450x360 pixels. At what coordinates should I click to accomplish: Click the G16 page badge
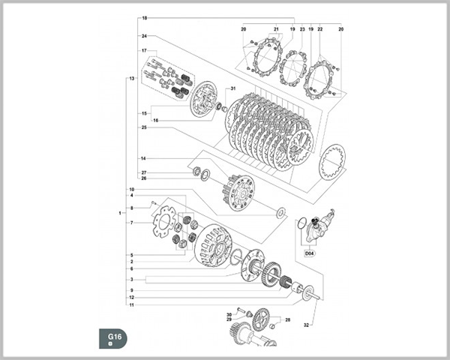(x=113, y=338)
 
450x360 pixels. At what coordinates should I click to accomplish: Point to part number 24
(x=142, y=36)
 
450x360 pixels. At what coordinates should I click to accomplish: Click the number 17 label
(x=142, y=50)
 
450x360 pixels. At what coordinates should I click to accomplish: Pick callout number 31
(x=233, y=89)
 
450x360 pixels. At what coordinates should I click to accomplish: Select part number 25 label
(x=142, y=128)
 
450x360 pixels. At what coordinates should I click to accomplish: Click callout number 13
(x=131, y=78)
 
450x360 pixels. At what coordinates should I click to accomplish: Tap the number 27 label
(x=143, y=172)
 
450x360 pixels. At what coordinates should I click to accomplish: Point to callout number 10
(x=131, y=190)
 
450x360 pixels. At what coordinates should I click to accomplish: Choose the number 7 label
(x=131, y=223)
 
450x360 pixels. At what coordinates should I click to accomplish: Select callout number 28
(x=287, y=320)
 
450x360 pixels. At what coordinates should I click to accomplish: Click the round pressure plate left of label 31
(x=202, y=100)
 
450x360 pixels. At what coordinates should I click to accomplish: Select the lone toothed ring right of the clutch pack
(x=331, y=163)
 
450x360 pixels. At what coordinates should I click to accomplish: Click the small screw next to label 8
(x=153, y=203)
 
